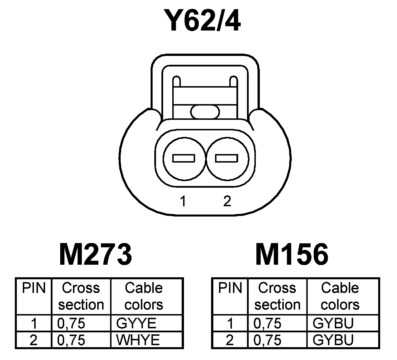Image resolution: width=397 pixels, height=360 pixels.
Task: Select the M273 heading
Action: coord(96,254)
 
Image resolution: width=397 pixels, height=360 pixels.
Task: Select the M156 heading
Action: coord(292,254)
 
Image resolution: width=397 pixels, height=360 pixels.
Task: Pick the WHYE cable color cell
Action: coord(138,340)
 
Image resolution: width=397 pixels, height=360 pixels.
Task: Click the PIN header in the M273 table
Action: coord(34,288)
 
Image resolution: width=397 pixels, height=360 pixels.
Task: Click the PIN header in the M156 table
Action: coord(230,288)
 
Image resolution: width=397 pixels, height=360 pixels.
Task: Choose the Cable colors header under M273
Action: coord(144,296)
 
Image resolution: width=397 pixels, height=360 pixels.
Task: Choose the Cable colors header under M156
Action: coord(340,296)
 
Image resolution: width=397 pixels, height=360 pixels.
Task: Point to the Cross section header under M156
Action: coord(277,296)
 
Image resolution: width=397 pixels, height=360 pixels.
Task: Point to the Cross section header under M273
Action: coord(81,296)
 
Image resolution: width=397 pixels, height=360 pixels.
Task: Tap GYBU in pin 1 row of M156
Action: coord(333,323)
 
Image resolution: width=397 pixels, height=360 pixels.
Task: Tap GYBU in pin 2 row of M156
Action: coord(333,340)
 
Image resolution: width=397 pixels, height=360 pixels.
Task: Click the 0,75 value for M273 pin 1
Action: coord(71,323)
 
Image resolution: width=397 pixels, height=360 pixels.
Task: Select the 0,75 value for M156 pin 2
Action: coord(268,340)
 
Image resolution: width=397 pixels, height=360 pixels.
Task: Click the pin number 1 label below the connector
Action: coord(183,201)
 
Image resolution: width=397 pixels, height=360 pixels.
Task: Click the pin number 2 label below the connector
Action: coord(227,201)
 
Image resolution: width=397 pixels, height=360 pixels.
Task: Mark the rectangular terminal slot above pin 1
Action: coord(184,158)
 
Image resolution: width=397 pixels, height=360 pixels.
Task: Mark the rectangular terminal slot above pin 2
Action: coord(227,158)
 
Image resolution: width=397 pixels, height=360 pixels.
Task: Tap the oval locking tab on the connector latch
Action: coord(205,112)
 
